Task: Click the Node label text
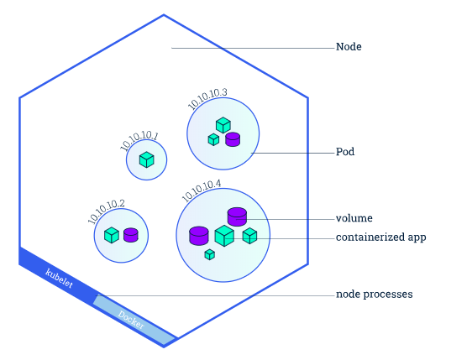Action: [349, 47]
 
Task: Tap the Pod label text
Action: [345, 152]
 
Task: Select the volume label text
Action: [354, 218]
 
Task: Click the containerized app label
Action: [380, 237]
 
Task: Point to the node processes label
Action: [375, 295]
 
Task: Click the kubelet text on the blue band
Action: [59, 279]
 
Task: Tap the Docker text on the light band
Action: [131, 320]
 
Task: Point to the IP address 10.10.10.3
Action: [207, 99]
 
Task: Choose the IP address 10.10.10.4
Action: [201, 190]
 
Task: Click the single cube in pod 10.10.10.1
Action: [147, 159]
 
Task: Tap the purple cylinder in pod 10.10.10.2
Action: [131, 235]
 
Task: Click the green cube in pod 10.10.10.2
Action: [112, 235]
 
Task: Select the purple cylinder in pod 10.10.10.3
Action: [233, 139]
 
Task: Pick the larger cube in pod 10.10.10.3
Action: [223, 125]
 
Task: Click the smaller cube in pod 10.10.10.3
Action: [213, 139]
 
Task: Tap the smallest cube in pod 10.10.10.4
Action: [209, 255]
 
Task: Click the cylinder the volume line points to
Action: [237, 217]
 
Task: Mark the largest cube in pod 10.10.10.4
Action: [224, 236]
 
